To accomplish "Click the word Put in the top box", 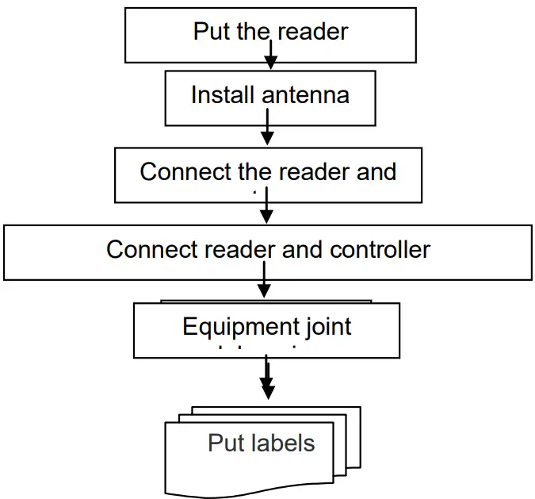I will [x=212, y=32].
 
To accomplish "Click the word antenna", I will [x=305, y=95].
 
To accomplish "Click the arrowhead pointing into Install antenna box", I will [x=270, y=63].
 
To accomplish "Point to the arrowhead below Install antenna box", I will [x=267, y=138].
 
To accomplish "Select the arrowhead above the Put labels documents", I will [x=267, y=390].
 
